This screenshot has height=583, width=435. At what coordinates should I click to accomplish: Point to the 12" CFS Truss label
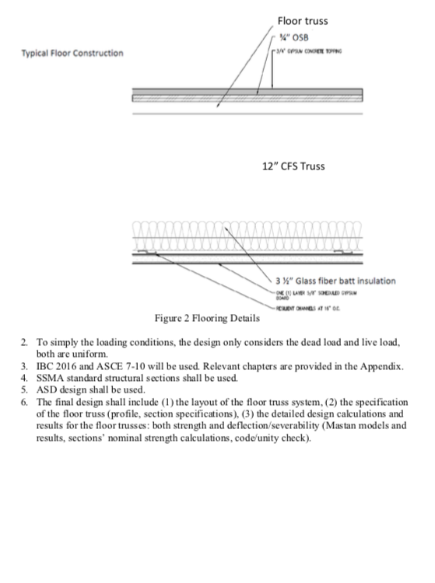294,166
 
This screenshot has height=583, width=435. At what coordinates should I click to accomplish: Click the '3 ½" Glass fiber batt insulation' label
335,281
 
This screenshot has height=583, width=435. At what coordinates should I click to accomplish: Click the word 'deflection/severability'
272,425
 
